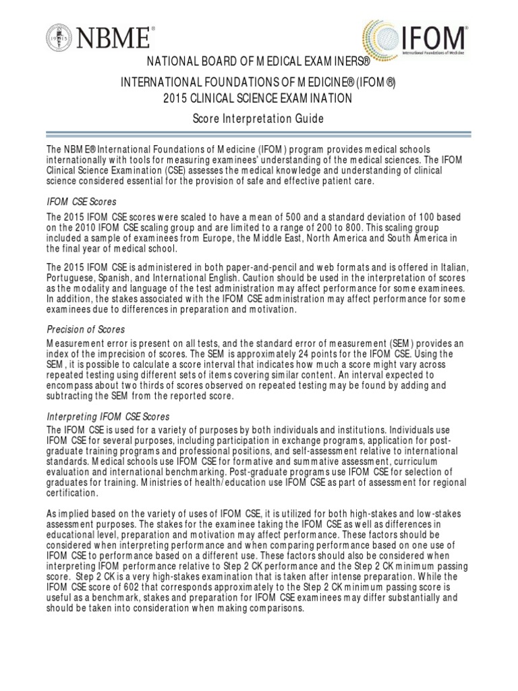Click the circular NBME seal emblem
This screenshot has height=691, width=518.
(60, 37)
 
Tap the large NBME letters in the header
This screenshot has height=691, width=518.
(116, 37)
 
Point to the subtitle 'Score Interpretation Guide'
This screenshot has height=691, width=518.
(258, 119)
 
